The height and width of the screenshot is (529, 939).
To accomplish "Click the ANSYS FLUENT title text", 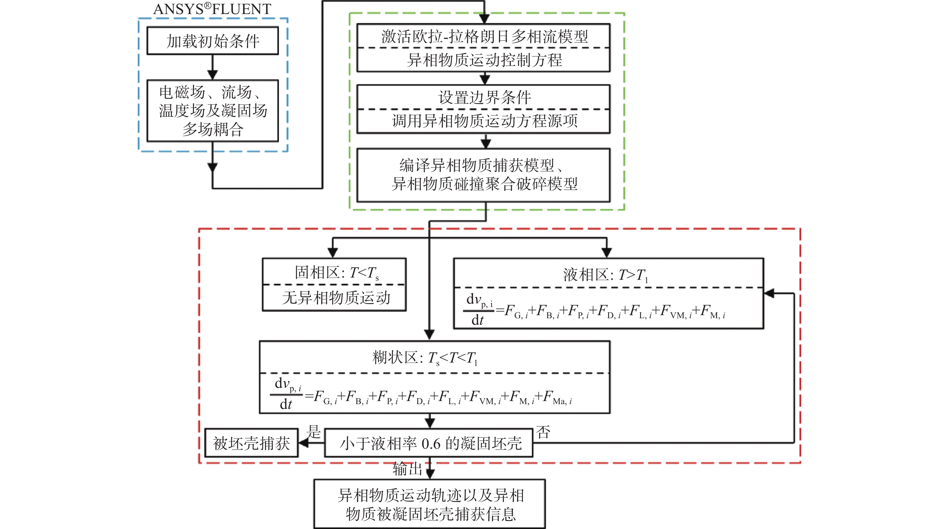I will pyautogui.click(x=212, y=9).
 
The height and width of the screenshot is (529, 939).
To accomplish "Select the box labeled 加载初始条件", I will pyautogui.click(x=212, y=41).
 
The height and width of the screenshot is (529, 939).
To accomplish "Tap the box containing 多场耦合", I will pyautogui.click(x=212, y=111).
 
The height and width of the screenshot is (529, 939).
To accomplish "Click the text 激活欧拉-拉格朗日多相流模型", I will pyautogui.click(x=484, y=36).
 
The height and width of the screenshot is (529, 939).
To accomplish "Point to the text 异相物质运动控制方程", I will pyautogui.click(x=484, y=60).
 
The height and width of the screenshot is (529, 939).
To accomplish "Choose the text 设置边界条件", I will pyautogui.click(x=484, y=97).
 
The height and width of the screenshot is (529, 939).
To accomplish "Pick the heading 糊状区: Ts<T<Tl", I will pyautogui.click(x=425, y=358).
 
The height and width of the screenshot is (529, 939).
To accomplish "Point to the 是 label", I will pyautogui.click(x=313, y=432).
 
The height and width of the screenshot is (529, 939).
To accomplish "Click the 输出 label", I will pyautogui.click(x=407, y=469).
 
